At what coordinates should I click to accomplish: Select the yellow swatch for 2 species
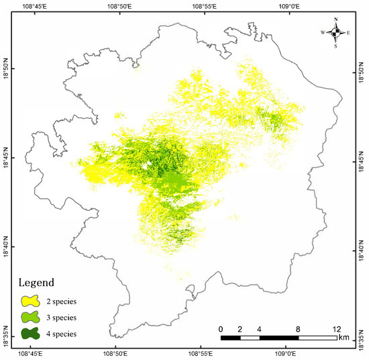(x=31, y=301)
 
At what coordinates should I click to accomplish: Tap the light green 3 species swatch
(x=31, y=317)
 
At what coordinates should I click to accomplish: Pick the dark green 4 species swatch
(x=31, y=333)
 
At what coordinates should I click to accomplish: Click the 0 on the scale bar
(x=221, y=328)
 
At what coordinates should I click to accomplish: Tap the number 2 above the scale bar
(x=240, y=328)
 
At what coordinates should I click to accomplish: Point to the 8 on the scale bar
(x=298, y=328)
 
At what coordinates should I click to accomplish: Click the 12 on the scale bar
(x=335, y=328)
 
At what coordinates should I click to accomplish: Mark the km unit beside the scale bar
(x=344, y=336)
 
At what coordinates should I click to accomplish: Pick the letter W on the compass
(x=323, y=32)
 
